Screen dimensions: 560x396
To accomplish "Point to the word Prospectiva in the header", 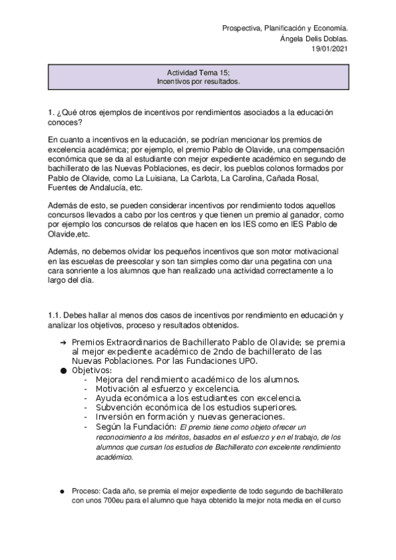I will tap(240, 29).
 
